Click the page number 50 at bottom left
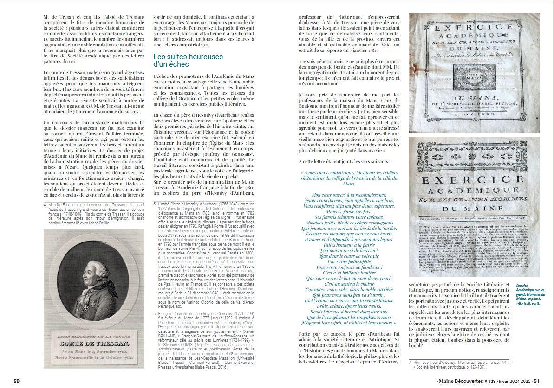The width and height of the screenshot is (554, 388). tap(17, 381)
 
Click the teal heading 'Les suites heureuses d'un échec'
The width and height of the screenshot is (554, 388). tap(188, 61)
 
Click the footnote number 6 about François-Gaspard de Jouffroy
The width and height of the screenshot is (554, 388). tap(154, 314)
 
